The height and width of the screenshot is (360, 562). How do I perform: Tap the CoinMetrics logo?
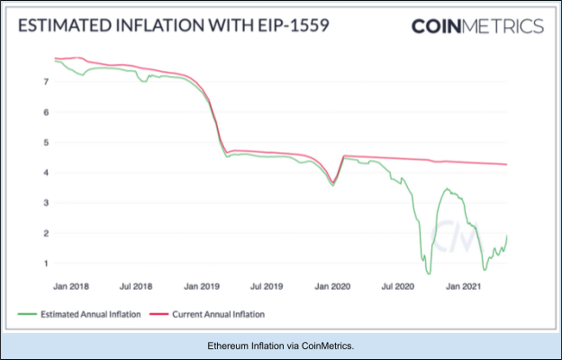pyautogui.click(x=477, y=26)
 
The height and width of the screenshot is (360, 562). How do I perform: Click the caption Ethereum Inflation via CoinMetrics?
pyautogui.click(x=280, y=346)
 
